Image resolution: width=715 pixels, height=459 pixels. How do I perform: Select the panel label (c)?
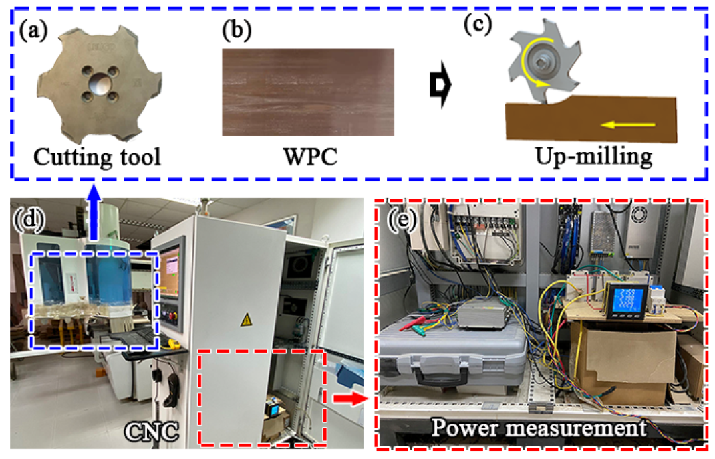click(478, 25)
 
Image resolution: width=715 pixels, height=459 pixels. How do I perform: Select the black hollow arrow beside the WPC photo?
click(441, 84)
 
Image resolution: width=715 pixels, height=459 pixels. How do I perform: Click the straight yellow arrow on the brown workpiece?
click(629, 124)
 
